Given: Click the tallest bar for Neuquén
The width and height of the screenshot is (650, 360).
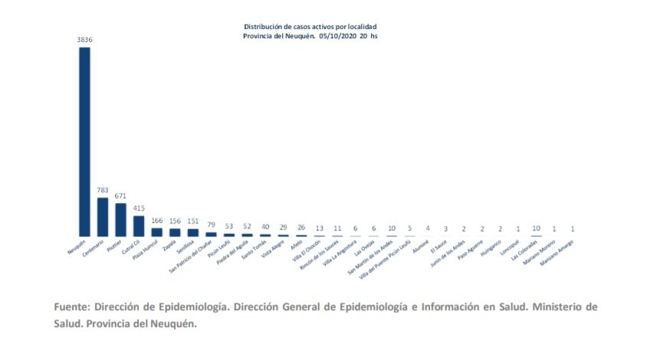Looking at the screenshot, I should tap(84, 142).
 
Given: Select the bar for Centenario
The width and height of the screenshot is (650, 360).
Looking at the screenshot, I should tap(103, 217).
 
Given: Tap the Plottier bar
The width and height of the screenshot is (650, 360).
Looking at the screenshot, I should tap(120, 220).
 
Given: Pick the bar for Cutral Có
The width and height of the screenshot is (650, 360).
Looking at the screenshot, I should tap(139, 226).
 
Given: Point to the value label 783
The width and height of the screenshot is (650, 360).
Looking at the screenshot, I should tap(103, 191).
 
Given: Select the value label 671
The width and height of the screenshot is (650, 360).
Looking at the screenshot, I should tap(120, 196).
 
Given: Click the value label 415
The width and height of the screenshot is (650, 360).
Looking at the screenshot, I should tap(139, 208).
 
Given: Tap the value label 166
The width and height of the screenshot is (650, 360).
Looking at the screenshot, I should tap(156, 221).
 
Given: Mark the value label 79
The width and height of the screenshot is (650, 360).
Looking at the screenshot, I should tap(211, 225).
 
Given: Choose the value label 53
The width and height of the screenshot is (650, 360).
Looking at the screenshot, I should tap(228, 227).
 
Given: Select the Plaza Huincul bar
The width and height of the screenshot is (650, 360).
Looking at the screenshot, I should tap(156, 231).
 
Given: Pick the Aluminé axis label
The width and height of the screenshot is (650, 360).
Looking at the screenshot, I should tap(421, 244).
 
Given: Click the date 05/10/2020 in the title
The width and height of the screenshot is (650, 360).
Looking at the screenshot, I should tap(339, 35).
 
